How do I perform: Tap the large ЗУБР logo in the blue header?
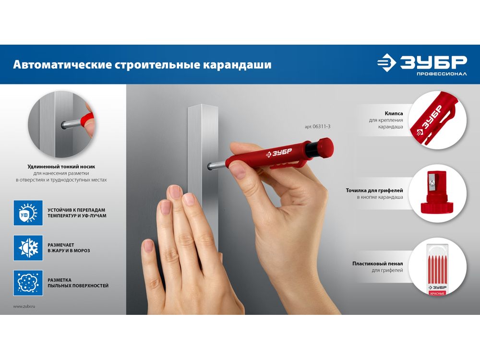coord(422,62)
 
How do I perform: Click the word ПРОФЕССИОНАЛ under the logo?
coord(442,74)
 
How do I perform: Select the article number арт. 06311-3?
coord(317,126)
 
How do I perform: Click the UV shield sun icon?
coord(28,213)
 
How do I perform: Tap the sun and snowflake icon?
coord(28,248)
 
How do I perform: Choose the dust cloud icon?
coord(28,283)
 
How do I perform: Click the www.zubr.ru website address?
coord(24,306)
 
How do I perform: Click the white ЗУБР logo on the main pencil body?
coord(279,153)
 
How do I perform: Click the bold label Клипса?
coord(394,114)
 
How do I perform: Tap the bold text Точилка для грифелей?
coord(374,191)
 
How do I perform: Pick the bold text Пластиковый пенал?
coord(377,264)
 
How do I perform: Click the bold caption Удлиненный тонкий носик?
coord(61,167)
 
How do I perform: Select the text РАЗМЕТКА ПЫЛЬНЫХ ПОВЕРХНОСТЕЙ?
coord(78,283)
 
